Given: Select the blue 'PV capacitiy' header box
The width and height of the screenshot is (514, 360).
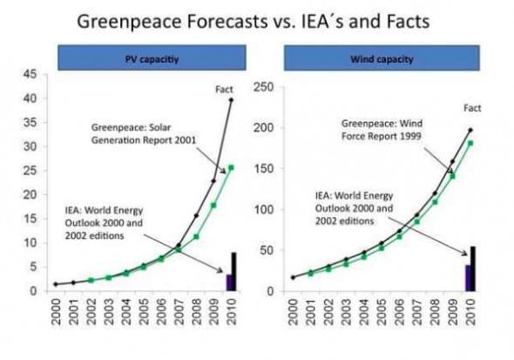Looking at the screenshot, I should point(142,60).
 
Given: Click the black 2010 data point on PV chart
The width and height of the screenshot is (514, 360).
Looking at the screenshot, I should point(231,100).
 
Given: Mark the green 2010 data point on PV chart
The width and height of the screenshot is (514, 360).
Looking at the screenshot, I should point(231,166).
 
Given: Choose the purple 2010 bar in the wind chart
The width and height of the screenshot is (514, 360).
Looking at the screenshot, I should point(468,277).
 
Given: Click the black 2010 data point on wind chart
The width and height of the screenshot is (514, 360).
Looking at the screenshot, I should point(471,130).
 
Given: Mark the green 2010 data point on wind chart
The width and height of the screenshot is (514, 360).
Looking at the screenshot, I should point(471,143).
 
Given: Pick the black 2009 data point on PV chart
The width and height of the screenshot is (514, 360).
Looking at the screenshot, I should point(213,181).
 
